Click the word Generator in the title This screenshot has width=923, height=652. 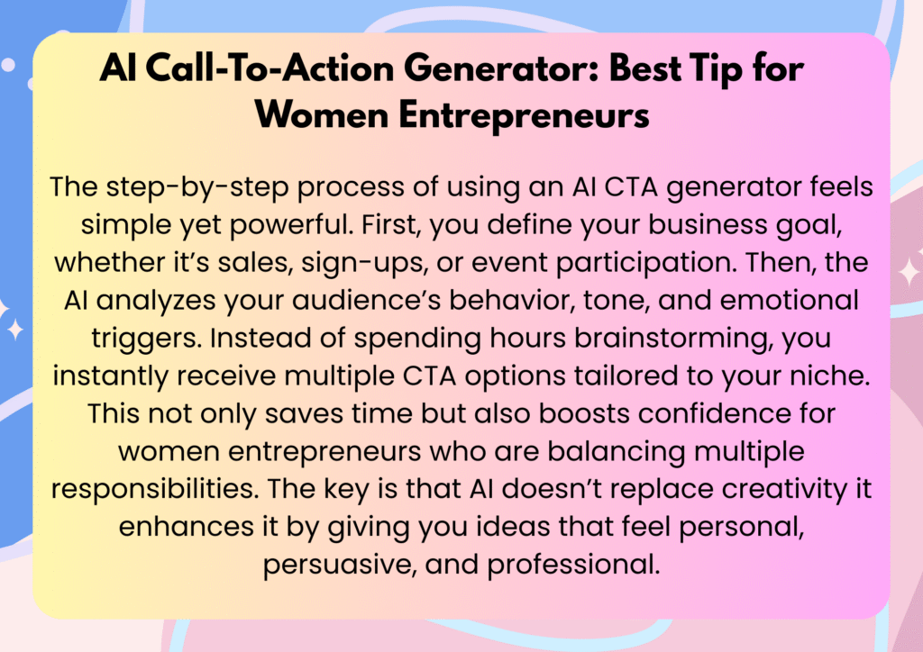[x=502, y=68]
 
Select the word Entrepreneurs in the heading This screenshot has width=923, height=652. [x=524, y=115]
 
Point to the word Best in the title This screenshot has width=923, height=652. [x=644, y=68]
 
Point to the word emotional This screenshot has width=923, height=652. [x=789, y=301]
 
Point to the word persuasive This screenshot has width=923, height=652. [x=341, y=565]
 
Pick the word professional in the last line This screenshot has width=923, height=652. [x=573, y=565]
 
